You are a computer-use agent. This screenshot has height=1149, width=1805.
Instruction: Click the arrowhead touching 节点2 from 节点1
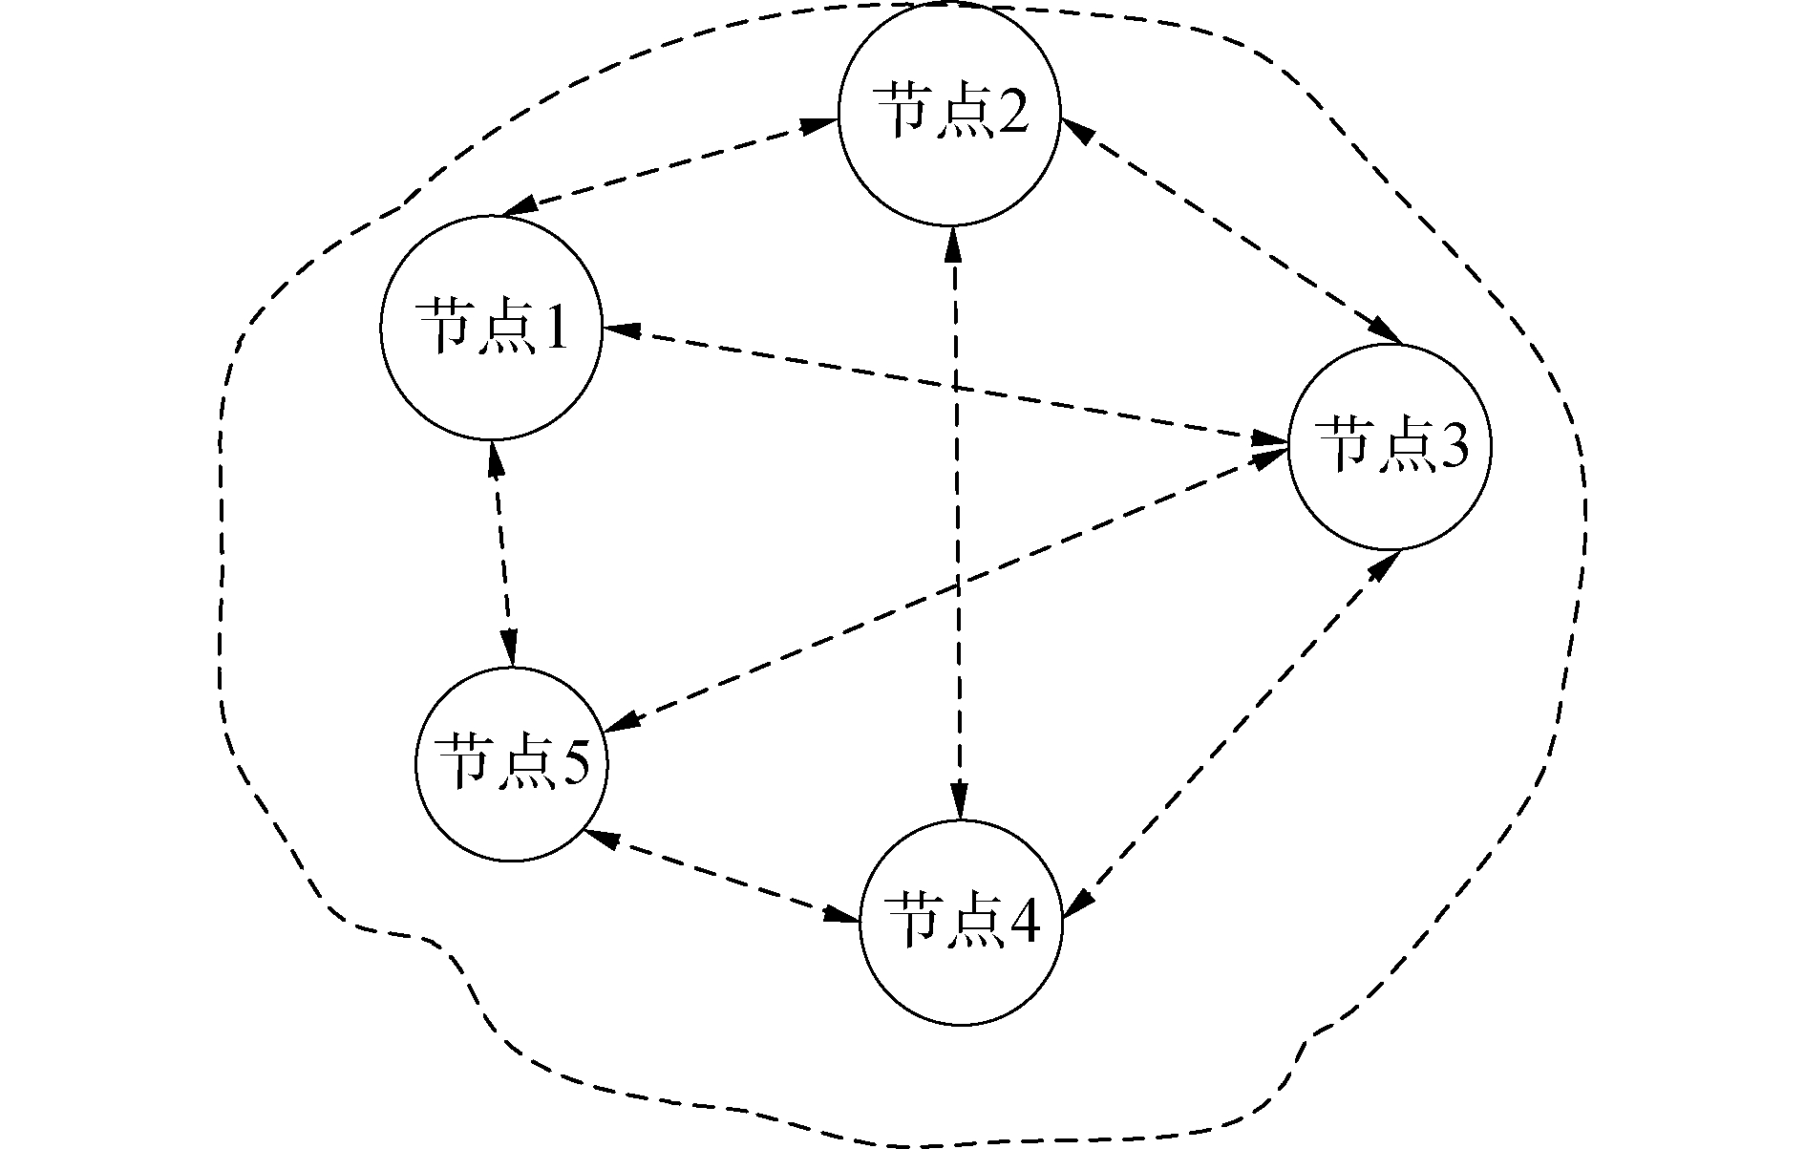[819, 124]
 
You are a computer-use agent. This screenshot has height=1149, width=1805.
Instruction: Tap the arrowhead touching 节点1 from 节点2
[519, 207]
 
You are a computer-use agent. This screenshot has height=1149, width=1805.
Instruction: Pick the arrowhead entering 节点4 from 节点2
[959, 800]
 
